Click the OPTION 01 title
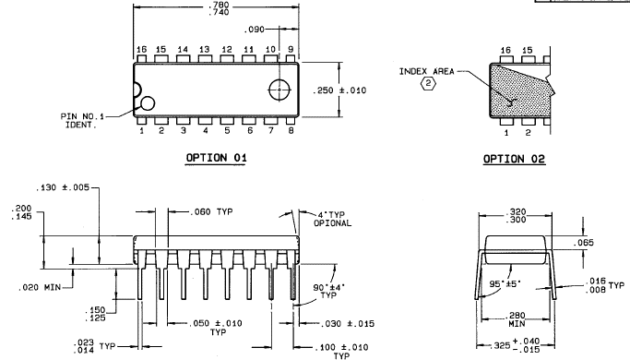pyautogui.click(x=216, y=157)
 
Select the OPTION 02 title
pyautogui.click(x=514, y=159)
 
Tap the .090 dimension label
pyautogui.click(x=255, y=30)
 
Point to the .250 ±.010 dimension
pyautogui.click(x=339, y=90)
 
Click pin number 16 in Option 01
pyautogui.click(x=141, y=50)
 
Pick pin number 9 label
pyautogui.click(x=291, y=50)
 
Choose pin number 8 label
pyautogui.click(x=291, y=130)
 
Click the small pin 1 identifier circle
pyautogui.click(x=148, y=103)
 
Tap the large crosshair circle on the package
pyautogui.click(x=279, y=90)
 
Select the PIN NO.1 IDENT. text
pyautogui.click(x=82, y=120)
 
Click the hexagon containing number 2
pyautogui.click(x=428, y=83)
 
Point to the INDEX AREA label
pyautogui.click(x=426, y=72)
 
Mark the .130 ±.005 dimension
pyautogui.click(x=63, y=187)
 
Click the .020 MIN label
pyautogui.click(x=40, y=287)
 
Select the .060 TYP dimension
pyautogui.click(x=211, y=211)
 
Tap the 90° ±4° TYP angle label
pyautogui.click(x=328, y=291)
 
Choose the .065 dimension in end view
pyautogui.click(x=583, y=243)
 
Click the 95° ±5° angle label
pyautogui.click(x=505, y=283)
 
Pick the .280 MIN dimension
pyautogui.click(x=517, y=319)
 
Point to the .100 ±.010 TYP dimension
pyautogui.click(x=340, y=351)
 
